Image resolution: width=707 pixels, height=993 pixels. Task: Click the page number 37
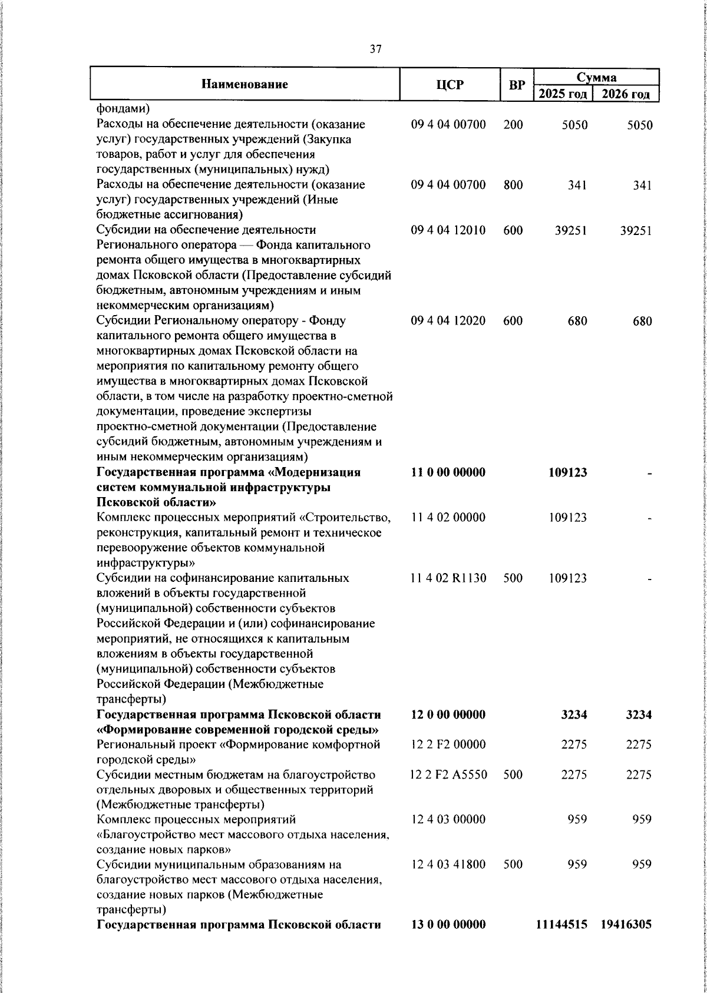(x=375, y=49)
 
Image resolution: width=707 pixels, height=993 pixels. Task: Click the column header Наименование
(x=245, y=84)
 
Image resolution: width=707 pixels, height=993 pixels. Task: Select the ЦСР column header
(x=450, y=85)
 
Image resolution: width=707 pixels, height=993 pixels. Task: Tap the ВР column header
(x=517, y=85)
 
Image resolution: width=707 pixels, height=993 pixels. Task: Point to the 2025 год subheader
(x=563, y=94)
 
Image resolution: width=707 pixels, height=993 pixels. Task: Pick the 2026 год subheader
(x=626, y=94)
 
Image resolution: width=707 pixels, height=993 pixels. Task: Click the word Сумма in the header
(x=596, y=77)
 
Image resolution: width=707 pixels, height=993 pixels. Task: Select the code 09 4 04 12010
(x=448, y=230)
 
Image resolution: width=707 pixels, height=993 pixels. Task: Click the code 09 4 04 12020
(x=448, y=321)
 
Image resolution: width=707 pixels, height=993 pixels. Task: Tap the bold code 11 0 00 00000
(x=448, y=472)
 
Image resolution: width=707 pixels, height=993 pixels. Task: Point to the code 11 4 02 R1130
(x=449, y=578)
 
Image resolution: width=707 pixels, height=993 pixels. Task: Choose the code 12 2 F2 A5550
(x=449, y=775)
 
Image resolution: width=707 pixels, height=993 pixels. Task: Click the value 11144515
(x=561, y=925)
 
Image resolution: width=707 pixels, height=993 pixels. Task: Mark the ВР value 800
(x=513, y=185)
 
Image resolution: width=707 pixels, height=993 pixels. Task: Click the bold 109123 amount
(x=567, y=472)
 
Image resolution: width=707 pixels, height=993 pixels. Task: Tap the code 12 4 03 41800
(x=448, y=865)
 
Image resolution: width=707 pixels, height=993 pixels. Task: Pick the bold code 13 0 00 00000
(x=448, y=925)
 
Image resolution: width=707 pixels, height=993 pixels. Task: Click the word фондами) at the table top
(x=123, y=109)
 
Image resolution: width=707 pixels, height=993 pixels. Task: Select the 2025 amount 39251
(x=570, y=230)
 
